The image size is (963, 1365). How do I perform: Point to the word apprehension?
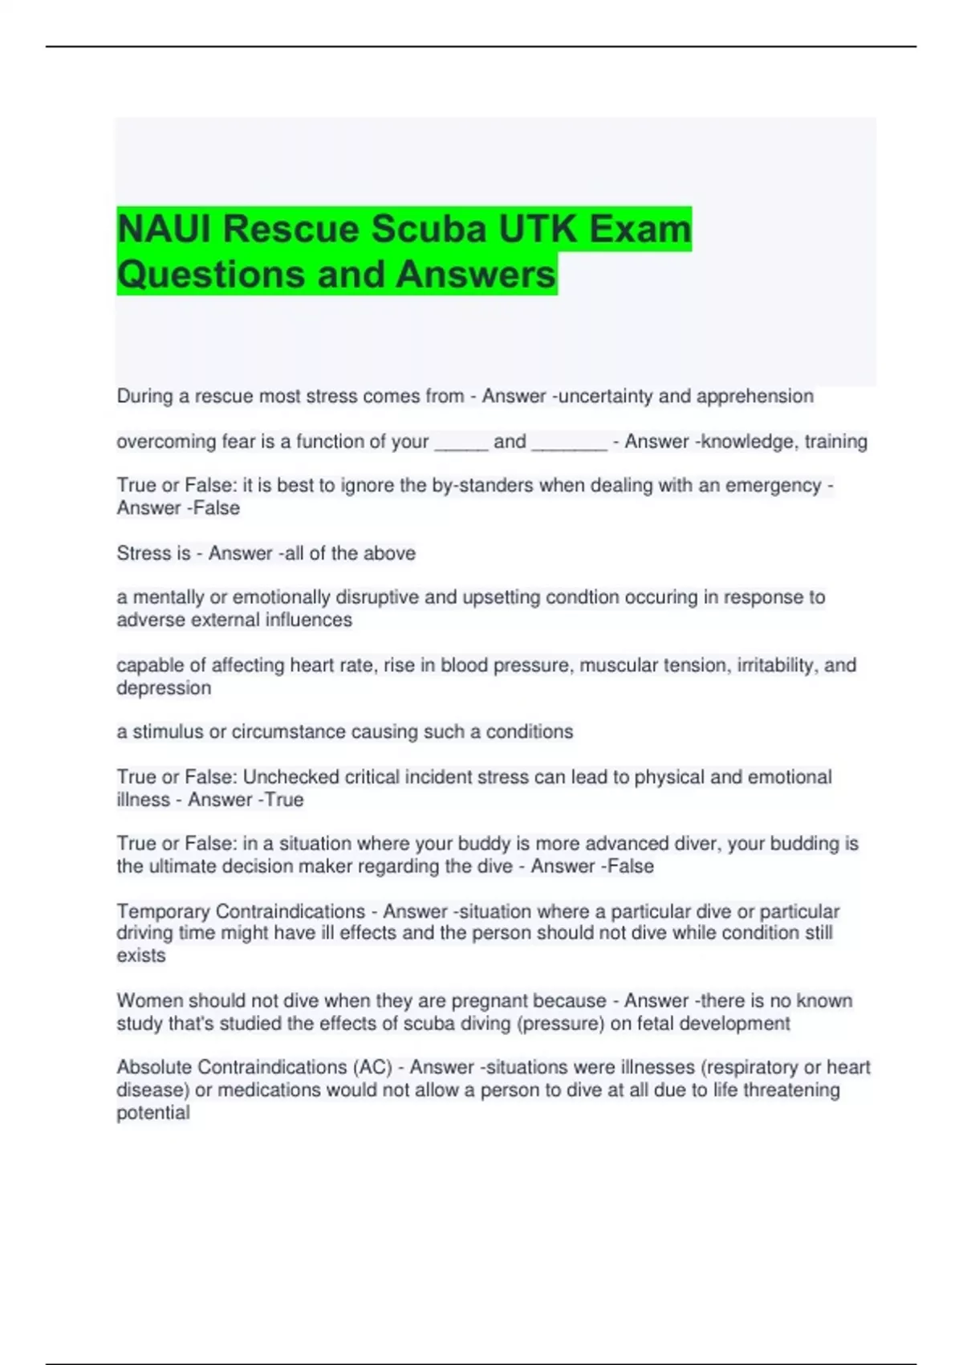754,396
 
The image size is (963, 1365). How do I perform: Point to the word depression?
164,688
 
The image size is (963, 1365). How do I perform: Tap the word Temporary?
163,911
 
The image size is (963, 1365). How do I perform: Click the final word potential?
153,1113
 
